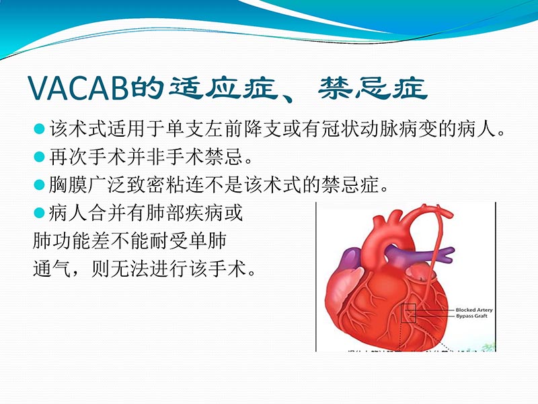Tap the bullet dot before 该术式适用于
[x=39, y=129]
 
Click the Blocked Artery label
[x=474, y=310]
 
